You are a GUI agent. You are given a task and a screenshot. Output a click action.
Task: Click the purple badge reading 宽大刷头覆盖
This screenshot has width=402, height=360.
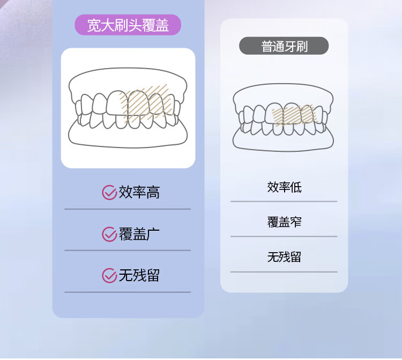click(128, 25)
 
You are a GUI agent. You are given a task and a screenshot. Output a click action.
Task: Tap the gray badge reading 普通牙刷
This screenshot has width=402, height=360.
click(284, 46)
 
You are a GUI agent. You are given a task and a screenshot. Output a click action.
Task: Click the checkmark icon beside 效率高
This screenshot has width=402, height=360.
click(109, 192)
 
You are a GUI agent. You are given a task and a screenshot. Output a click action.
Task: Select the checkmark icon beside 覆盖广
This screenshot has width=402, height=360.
click(109, 234)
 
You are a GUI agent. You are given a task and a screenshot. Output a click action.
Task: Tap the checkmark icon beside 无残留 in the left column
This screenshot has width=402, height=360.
click(109, 276)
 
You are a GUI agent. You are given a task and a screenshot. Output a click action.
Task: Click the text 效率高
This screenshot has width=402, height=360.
click(139, 192)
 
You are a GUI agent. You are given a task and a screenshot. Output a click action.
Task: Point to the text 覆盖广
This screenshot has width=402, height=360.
click(139, 234)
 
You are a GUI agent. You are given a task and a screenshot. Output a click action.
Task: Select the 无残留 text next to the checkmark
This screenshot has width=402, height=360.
click(139, 276)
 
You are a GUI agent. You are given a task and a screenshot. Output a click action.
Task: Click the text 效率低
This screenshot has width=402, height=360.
click(284, 187)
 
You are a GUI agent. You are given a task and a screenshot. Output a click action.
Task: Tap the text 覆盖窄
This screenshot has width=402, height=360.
click(284, 222)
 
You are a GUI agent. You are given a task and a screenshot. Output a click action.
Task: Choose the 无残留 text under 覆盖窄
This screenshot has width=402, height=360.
click(284, 257)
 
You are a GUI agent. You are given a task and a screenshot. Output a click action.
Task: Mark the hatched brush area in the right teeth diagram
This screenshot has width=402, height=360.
click(292, 114)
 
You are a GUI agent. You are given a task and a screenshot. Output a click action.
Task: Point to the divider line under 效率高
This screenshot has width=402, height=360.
click(128, 209)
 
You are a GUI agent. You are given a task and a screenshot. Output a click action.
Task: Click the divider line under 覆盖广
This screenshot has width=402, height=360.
click(128, 250)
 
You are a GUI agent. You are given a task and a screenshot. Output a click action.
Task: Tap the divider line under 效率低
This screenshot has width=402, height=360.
click(284, 202)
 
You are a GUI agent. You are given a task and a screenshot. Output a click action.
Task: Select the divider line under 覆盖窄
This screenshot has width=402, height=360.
click(284, 237)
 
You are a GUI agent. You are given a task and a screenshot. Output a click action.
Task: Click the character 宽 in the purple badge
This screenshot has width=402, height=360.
click(94, 25)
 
